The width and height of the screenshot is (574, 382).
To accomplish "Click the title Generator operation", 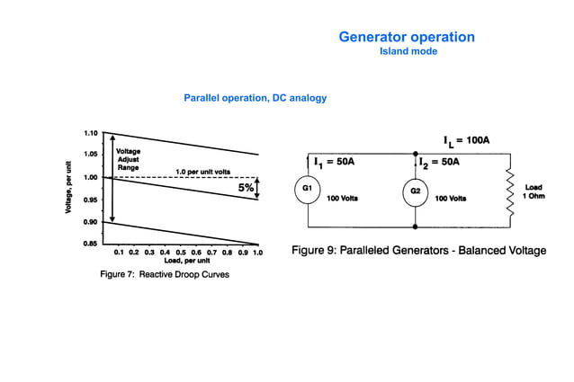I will [x=406, y=37].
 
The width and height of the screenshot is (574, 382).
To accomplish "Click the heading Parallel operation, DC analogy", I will [x=255, y=97].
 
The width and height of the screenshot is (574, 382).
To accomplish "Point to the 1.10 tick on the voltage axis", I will [x=92, y=133].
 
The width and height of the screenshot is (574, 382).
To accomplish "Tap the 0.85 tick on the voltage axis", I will [x=92, y=244].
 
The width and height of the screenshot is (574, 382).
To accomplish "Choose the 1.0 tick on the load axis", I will [x=257, y=253].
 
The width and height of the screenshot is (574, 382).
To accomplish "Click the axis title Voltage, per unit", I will [x=68, y=188].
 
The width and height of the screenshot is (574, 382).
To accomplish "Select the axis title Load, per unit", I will [x=186, y=261].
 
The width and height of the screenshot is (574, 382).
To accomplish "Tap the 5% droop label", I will [x=246, y=188].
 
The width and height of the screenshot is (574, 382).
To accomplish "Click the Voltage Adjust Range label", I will [x=128, y=160].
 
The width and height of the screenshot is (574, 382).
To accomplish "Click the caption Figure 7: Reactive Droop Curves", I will [x=164, y=274].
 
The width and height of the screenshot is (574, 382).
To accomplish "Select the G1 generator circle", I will [x=308, y=189].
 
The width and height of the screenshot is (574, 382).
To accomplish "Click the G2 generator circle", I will [x=415, y=191].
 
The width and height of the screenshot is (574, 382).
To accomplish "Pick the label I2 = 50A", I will [x=440, y=162].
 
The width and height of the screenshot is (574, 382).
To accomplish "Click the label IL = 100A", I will [x=466, y=141].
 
